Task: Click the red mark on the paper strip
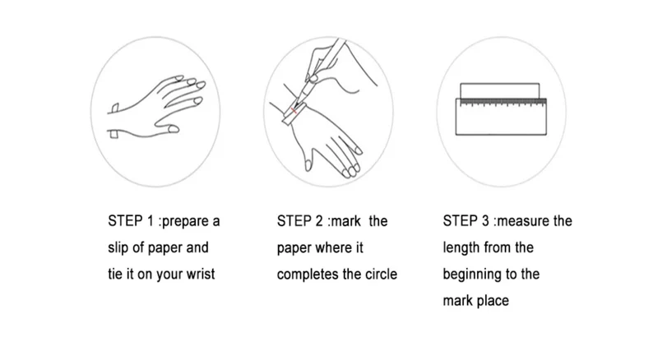[x=294, y=110]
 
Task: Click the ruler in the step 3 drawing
[x=501, y=117]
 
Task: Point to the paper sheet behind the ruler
[x=500, y=90]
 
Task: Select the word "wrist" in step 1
[x=201, y=275]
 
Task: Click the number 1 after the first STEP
[x=151, y=221]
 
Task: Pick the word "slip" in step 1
[x=118, y=248]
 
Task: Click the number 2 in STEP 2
[x=319, y=221]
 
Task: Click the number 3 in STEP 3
[x=485, y=221]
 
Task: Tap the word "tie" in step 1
[x=114, y=275]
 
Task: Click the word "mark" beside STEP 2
[x=345, y=221]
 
